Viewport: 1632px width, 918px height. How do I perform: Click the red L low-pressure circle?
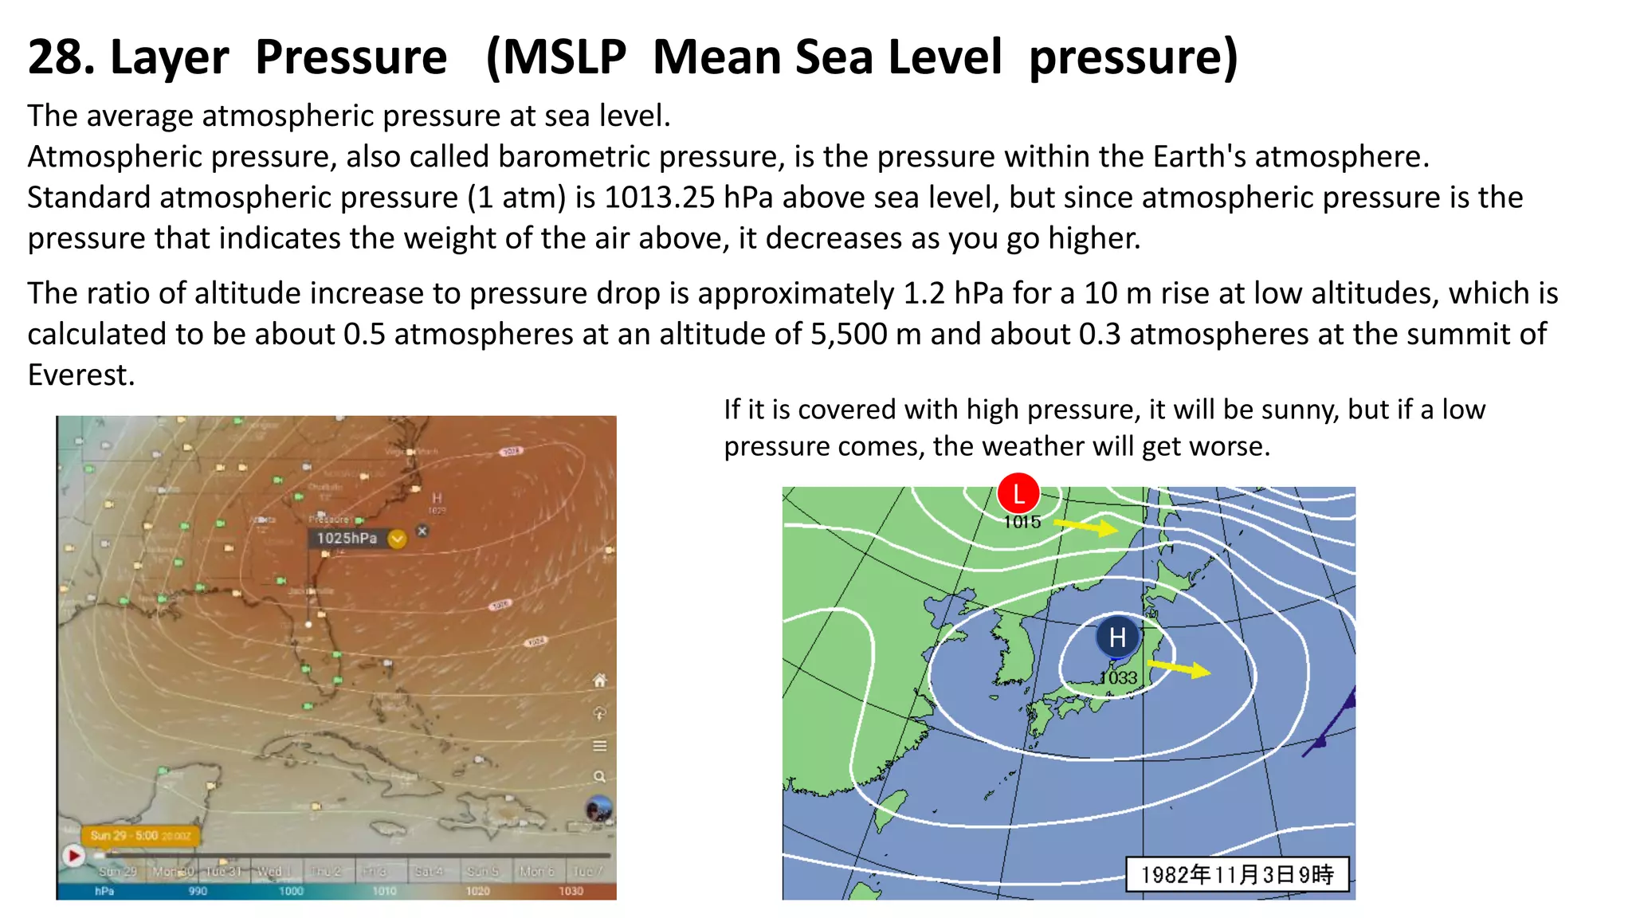click(x=1018, y=494)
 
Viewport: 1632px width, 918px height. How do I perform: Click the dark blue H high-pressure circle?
click(x=1117, y=637)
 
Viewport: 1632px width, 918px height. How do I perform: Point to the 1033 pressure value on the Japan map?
click(x=1118, y=678)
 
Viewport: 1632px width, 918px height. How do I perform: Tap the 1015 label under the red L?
click(x=1022, y=523)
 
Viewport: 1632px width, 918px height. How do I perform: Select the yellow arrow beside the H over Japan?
click(x=1179, y=668)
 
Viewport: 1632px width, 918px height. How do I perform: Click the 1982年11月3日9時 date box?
click(x=1237, y=875)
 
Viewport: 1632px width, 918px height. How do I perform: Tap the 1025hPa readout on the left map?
click(x=347, y=539)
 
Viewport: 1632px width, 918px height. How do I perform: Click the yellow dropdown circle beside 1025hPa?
click(x=397, y=539)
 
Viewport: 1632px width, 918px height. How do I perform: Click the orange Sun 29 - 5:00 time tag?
click(x=139, y=836)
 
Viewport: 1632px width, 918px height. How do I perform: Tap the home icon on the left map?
click(x=600, y=680)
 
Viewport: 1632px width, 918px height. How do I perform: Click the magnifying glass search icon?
click(x=599, y=777)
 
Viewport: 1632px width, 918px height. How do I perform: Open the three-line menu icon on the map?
click(x=600, y=746)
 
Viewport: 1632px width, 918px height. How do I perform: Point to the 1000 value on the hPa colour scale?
click(x=291, y=891)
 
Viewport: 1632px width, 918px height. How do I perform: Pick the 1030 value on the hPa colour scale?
click(x=571, y=891)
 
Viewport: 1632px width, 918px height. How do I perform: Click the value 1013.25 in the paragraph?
click(x=659, y=198)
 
